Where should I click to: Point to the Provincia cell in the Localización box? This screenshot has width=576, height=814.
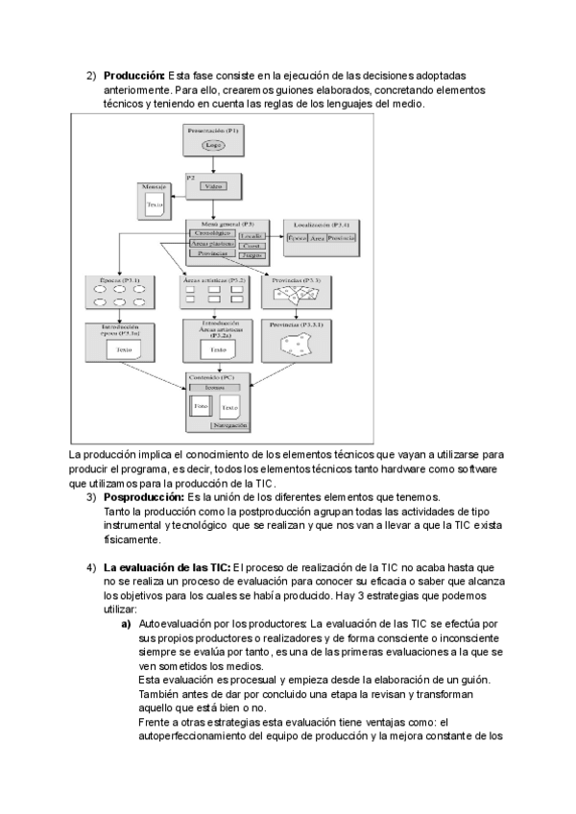341,238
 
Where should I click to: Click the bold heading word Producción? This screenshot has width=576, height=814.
134,76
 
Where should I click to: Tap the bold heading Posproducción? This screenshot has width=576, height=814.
143,497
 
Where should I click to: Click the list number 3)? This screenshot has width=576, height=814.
91,497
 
